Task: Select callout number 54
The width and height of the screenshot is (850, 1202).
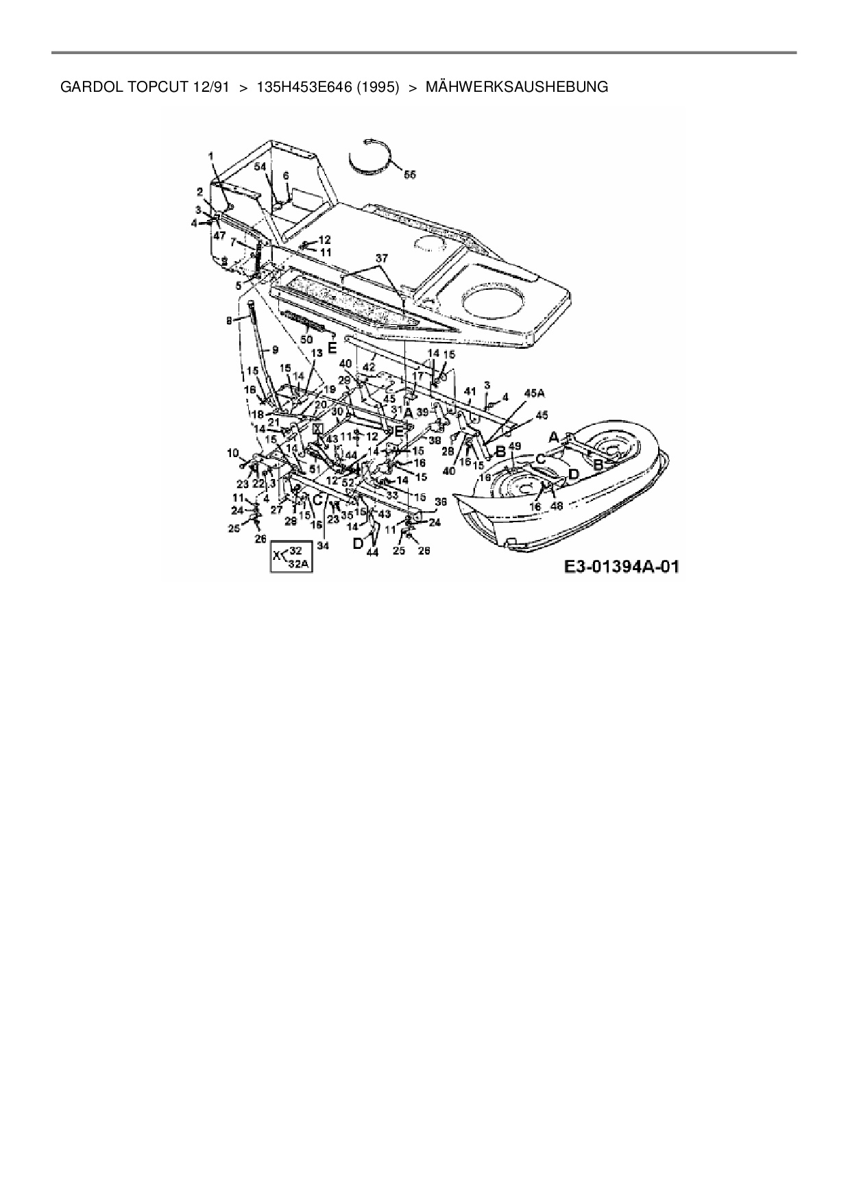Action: click(260, 167)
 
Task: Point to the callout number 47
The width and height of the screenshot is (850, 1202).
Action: click(219, 235)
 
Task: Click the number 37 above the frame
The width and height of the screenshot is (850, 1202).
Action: click(381, 258)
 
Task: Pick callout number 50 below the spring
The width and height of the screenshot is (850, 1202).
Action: click(306, 339)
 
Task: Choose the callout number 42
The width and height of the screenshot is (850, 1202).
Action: click(369, 367)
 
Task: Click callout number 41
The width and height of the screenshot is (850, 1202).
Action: click(470, 391)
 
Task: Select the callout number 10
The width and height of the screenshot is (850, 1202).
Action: click(233, 452)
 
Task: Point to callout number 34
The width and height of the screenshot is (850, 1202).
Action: click(322, 545)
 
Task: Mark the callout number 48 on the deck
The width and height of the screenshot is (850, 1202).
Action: click(557, 506)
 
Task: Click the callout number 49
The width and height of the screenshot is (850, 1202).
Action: click(515, 445)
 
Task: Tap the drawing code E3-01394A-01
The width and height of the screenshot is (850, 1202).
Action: click(622, 567)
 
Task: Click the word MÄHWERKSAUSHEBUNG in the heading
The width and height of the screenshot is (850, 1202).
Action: click(516, 87)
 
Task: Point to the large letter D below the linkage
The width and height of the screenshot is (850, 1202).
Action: click(358, 543)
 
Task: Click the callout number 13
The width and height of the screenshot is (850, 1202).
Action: click(316, 352)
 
